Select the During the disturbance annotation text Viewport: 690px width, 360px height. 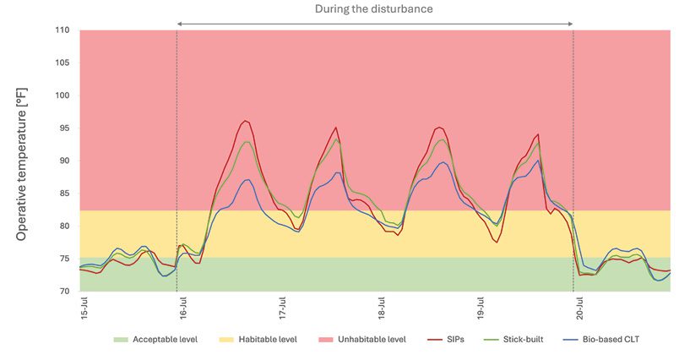click(374, 8)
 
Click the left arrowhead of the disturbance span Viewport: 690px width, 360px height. click(180, 23)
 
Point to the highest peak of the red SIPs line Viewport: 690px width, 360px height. click(245, 121)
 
